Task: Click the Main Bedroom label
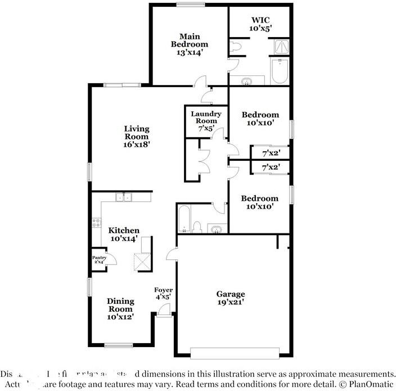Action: [x=189, y=39]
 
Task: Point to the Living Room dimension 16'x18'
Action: [x=137, y=144]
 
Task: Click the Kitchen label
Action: [x=124, y=231]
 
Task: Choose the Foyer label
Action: [x=163, y=290]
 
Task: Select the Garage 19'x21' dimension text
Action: [x=231, y=302]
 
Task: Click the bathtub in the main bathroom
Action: [x=278, y=72]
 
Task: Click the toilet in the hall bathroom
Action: [x=197, y=226]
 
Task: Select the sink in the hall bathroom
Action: [x=216, y=228]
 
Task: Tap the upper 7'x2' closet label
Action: [x=271, y=152]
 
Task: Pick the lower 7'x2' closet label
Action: [x=271, y=168]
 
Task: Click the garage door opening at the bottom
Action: [x=235, y=353]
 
